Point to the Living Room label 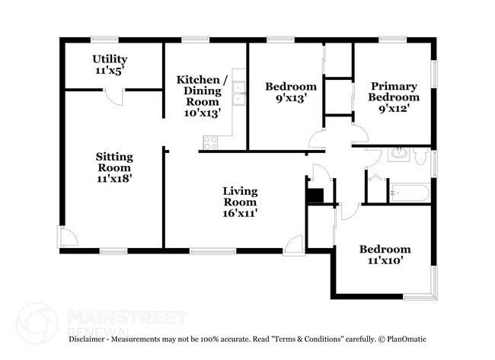(240, 196)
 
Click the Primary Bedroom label (394, 97)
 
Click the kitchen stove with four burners (210, 142)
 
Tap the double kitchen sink (238, 92)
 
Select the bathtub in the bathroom (410, 192)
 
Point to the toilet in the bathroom (420, 156)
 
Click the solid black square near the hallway (315, 195)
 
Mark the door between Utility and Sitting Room (113, 97)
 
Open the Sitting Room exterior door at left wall (68, 237)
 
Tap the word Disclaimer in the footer (92, 339)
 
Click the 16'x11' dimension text (240, 213)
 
